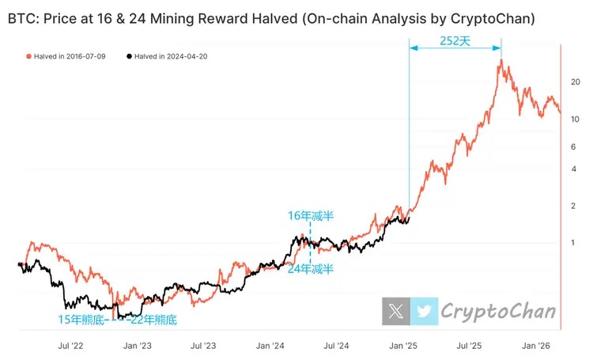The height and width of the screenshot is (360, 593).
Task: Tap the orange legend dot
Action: coord(29,56)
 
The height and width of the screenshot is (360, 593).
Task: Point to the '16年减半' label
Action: coord(311,214)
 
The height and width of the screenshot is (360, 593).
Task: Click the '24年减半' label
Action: coord(311,269)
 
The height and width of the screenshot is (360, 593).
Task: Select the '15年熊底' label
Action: coord(81,320)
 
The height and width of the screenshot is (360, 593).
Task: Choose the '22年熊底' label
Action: coord(153,320)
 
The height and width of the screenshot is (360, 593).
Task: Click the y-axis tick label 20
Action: coord(576,82)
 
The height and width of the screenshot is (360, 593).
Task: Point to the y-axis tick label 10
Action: coord(576,119)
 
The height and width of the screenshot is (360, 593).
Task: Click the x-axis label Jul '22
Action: coord(73,346)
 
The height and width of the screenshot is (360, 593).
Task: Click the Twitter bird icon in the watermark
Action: coord(425,311)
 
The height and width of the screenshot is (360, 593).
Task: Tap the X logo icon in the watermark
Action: coord(396,311)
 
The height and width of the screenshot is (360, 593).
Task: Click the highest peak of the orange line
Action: coord(500,60)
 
